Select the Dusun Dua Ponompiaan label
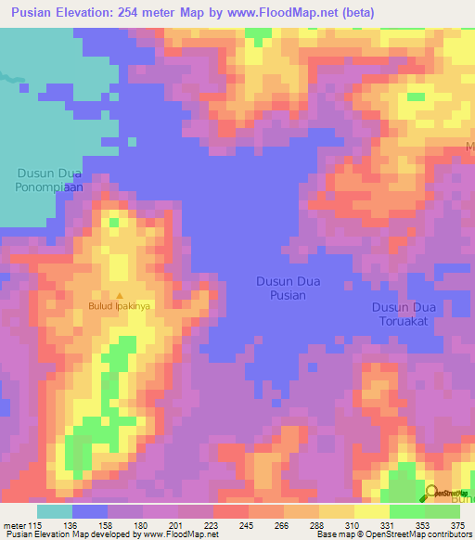click(x=49, y=179)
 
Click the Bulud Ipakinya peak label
click(x=119, y=304)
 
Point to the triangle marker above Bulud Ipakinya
click(x=119, y=294)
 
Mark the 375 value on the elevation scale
click(x=458, y=524)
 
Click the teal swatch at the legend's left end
click(x=55, y=511)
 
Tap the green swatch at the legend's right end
click(x=442, y=511)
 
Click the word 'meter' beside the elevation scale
click(x=15, y=524)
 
